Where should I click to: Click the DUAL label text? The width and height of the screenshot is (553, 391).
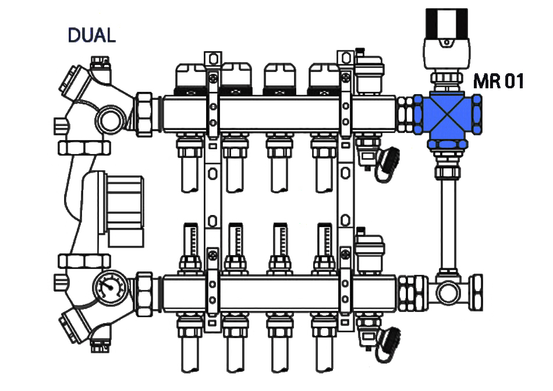(92, 35)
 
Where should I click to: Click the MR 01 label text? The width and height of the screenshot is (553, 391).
(498, 81)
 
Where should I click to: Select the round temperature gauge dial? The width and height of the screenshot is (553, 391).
(110, 287)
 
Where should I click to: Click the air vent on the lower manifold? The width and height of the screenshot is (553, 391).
(369, 251)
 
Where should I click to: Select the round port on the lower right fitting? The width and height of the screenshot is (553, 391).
(448, 293)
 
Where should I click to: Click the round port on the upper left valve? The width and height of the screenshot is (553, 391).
(110, 120)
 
